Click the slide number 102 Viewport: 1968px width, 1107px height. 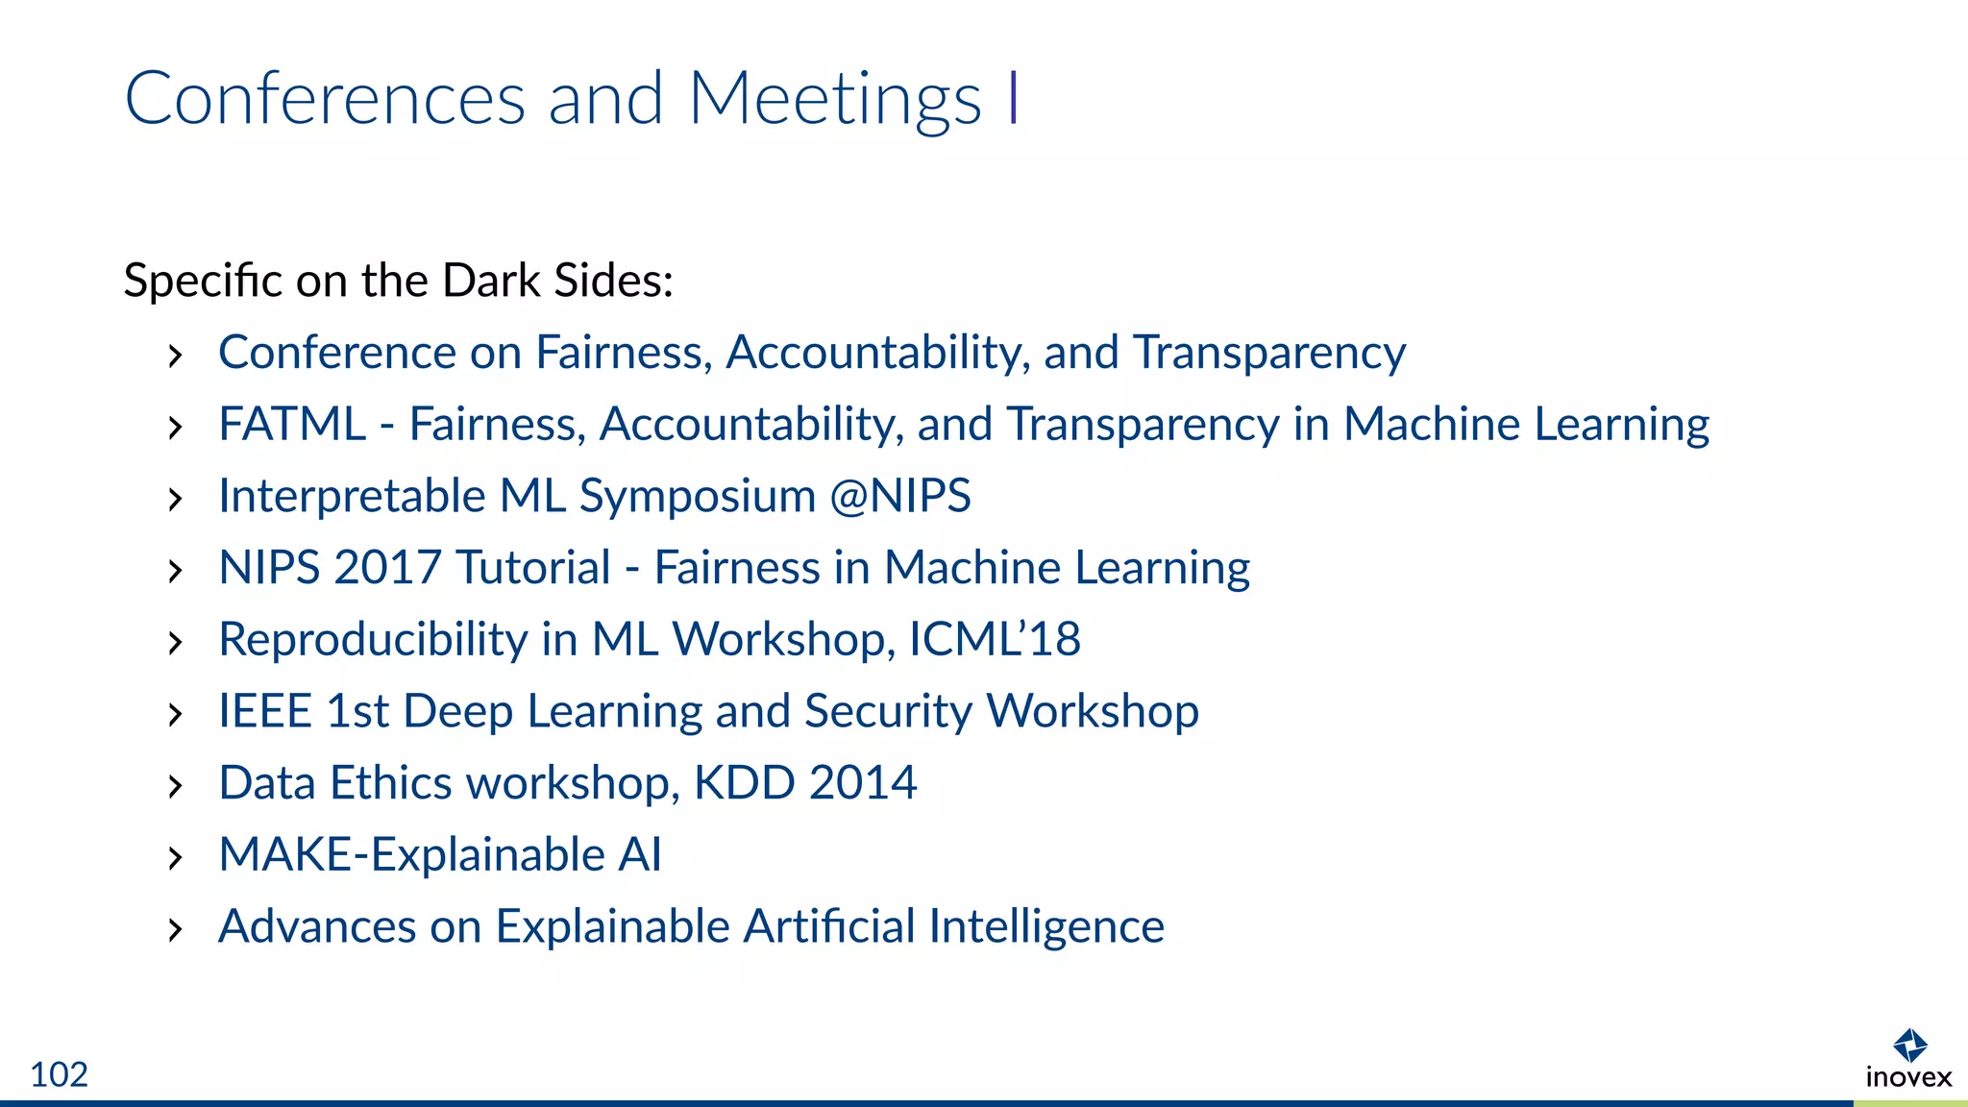click(x=59, y=1074)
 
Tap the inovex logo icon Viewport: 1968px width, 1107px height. click(x=1908, y=1045)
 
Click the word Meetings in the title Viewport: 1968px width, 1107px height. click(x=835, y=99)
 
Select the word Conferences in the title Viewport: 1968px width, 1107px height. click(x=325, y=99)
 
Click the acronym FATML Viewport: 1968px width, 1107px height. click(x=292, y=424)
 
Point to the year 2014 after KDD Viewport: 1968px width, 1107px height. click(x=863, y=782)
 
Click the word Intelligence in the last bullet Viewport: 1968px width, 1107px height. click(x=1046, y=926)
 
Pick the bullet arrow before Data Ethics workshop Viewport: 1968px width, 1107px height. click(x=175, y=786)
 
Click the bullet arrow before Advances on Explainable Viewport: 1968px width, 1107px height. click(x=175, y=929)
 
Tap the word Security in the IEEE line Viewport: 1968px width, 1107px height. click(x=888, y=711)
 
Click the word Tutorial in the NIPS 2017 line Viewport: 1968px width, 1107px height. click(x=533, y=567)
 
